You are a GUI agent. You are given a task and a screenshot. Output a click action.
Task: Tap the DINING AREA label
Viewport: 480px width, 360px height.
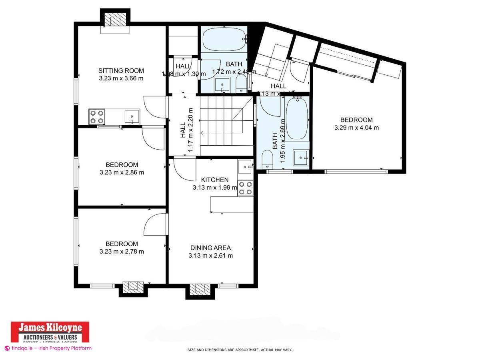click(210, 248)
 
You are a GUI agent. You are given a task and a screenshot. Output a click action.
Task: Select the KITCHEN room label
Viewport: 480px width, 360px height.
click(215, 180)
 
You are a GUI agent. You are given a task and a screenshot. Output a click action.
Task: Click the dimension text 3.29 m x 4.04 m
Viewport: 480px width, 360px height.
click(356, 128)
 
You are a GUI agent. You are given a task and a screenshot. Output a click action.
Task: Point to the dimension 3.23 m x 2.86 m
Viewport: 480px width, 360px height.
click(122, 172)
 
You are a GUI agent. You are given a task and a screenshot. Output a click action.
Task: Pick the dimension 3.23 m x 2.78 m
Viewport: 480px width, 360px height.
click(122, 252)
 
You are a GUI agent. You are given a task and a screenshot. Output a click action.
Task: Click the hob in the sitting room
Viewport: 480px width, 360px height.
click(97, 117)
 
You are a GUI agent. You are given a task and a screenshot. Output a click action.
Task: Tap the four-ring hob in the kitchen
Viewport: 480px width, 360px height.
click(245, 188)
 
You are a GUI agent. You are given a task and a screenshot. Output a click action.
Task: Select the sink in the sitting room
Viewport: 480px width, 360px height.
click(132, 117)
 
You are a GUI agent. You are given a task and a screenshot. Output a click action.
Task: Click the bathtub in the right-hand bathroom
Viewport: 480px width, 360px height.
click(296, 119)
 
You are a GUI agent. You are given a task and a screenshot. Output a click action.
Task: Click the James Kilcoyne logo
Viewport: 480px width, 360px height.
click(49, 332)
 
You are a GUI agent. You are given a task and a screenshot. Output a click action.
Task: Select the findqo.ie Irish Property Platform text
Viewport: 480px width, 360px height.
click(48, 348)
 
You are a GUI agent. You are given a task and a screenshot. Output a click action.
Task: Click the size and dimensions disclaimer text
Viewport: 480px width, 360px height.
click(240, 350)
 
